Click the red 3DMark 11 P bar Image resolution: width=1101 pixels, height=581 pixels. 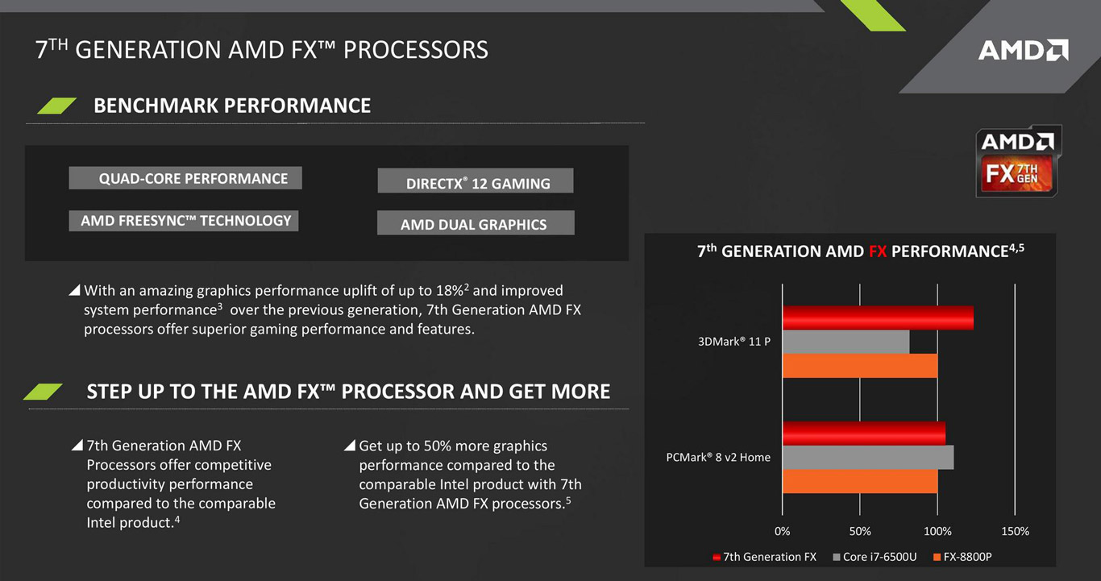coord(878,317)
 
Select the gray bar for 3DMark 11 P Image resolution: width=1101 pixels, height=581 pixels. coord(846,342)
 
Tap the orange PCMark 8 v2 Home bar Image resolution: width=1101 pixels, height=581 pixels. coord(860,481)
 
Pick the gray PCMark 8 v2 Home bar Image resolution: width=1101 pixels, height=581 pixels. coord(868,457)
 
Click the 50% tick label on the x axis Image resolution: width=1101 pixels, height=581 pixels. coord(860,531)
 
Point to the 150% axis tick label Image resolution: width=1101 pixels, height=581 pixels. coord(1015,531)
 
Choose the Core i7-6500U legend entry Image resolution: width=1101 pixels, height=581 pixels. coord(875,557)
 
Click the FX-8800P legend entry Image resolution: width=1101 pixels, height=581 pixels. coord(962,557)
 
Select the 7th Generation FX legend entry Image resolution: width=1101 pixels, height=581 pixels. coord(764,557)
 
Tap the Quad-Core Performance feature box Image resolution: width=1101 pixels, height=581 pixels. coord(185,178)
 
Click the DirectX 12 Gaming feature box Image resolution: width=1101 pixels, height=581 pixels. coord(476,181)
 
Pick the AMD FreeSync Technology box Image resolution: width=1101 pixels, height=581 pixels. coord(183,221)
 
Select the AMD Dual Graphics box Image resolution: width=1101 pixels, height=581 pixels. coord(476,222)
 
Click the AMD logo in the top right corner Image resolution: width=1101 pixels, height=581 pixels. coord(1024,50)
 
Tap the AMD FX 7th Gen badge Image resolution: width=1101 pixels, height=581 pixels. coord(1017,161)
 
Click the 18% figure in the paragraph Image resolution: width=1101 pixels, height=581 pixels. coord(449,290)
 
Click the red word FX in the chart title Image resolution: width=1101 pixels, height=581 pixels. coord(878,251)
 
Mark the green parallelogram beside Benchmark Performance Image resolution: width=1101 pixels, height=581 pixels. coord(57,106)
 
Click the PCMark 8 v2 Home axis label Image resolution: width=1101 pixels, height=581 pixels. coord(718,457)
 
